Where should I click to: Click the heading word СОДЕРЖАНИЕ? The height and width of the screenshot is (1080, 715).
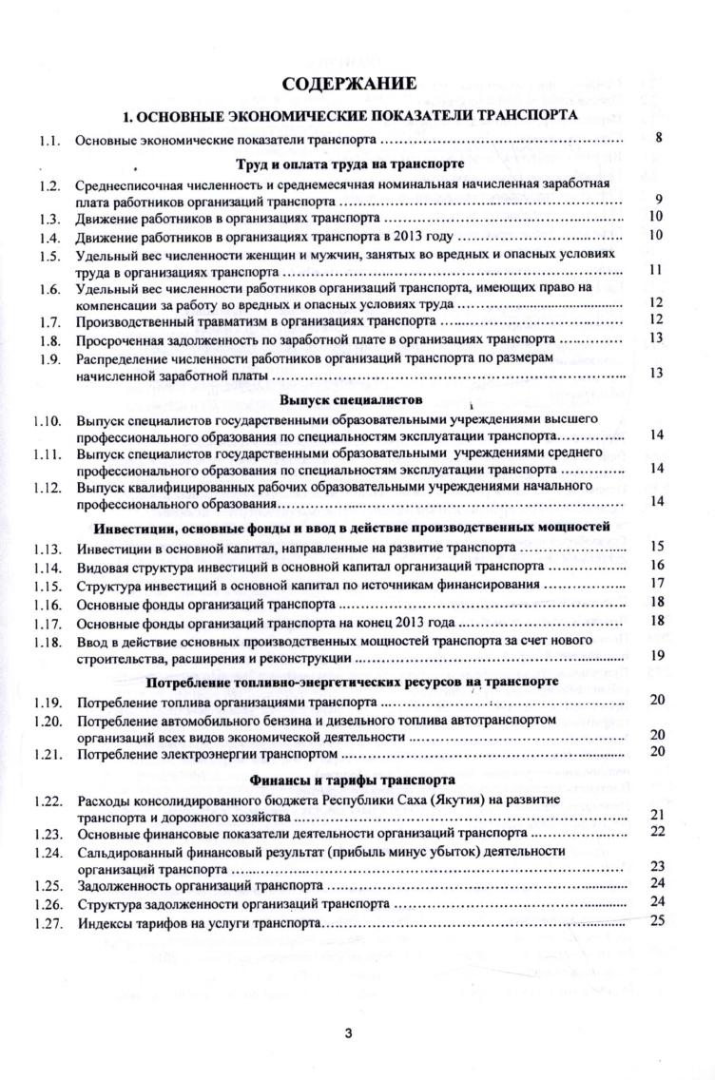tap(357, 85)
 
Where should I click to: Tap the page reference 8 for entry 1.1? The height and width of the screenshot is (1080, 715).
tap(658, 139)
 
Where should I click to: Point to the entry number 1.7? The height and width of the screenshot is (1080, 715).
tap(50, 320)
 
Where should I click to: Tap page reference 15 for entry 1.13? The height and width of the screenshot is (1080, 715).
tap(655, 546)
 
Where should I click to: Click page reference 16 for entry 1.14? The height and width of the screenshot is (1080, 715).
tap(655, 565)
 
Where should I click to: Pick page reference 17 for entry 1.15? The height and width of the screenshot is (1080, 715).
tap(655, 583)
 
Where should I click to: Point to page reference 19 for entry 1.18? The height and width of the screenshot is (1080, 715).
tap(655, 655)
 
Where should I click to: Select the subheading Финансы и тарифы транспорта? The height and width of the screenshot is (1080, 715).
tap(357, 781)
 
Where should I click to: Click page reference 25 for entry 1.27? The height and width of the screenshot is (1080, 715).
tap(655, 919)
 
